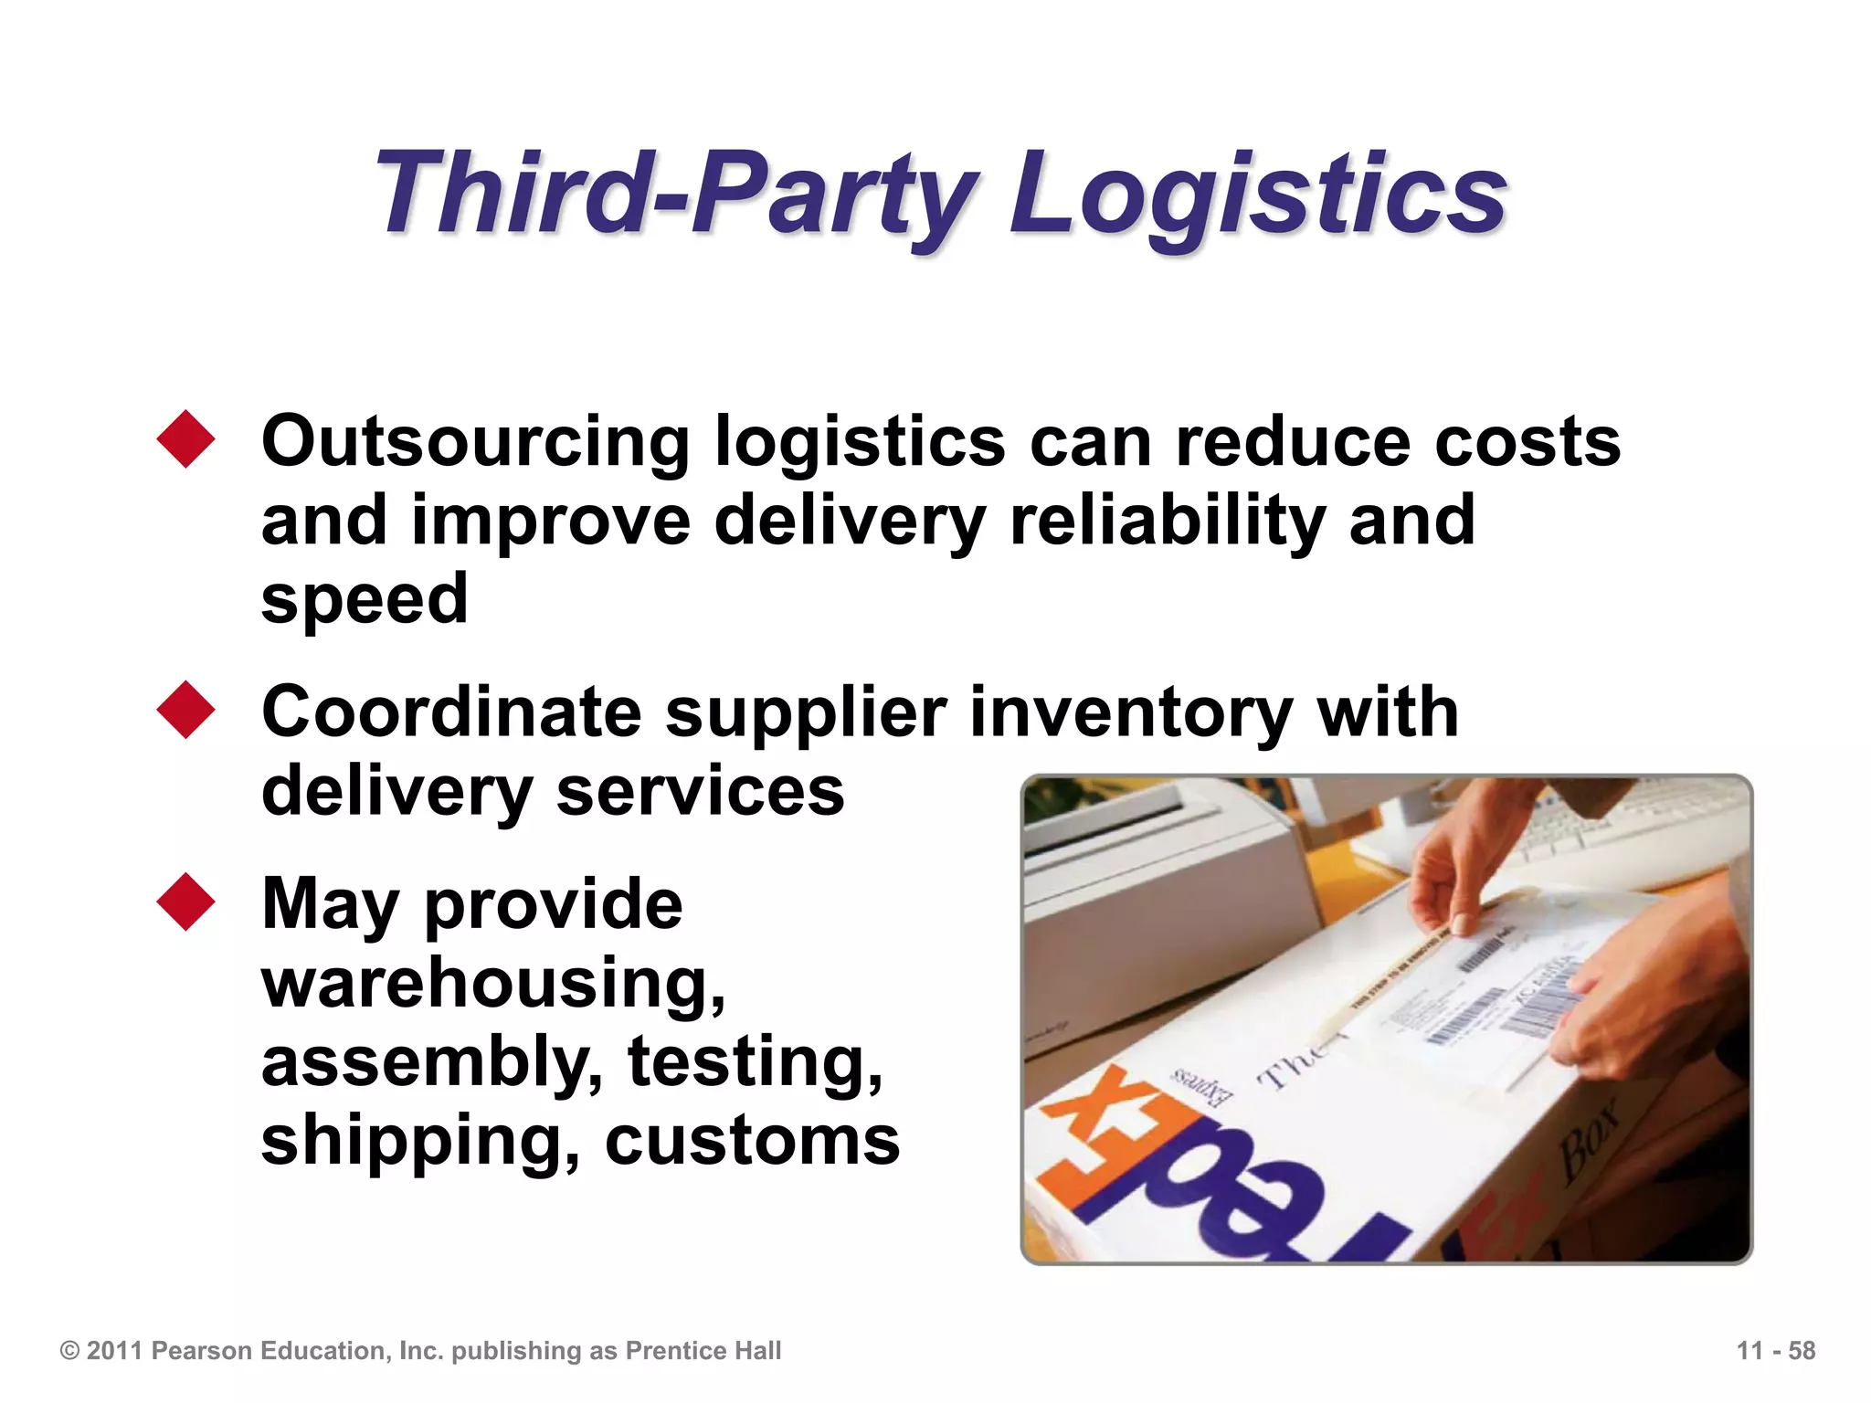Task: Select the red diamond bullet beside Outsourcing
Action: [185, 439]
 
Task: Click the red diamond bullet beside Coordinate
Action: [185, 710]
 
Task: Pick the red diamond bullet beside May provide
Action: [185, 902]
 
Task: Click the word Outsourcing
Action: [475, 443]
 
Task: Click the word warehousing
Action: [493, 983]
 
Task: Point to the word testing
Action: [755, 1062]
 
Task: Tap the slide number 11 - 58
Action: [1775, 1351]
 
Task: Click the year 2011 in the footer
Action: [115, 1351]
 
